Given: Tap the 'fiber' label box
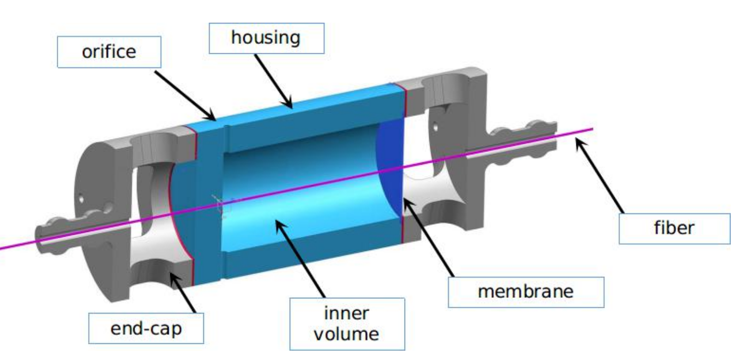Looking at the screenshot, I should pyautogui.click(x=674, y=229).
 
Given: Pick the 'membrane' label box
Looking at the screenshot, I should pyautogui.click(x=525, y=291).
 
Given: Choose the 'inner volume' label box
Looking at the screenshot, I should pyautogui.click(x=347, y=324).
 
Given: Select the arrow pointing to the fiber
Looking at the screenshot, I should pyautogui.click(x=600, y=176).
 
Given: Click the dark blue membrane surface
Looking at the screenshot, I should pyautogui.click(x=390, y=163).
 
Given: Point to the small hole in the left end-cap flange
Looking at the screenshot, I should pyautogui.click(x=83, y=200).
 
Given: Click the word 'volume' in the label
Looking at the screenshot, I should pyautogui.click(x=347, y=334).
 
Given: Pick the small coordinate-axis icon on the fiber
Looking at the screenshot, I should pyautogui.click(x=220, y=204).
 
